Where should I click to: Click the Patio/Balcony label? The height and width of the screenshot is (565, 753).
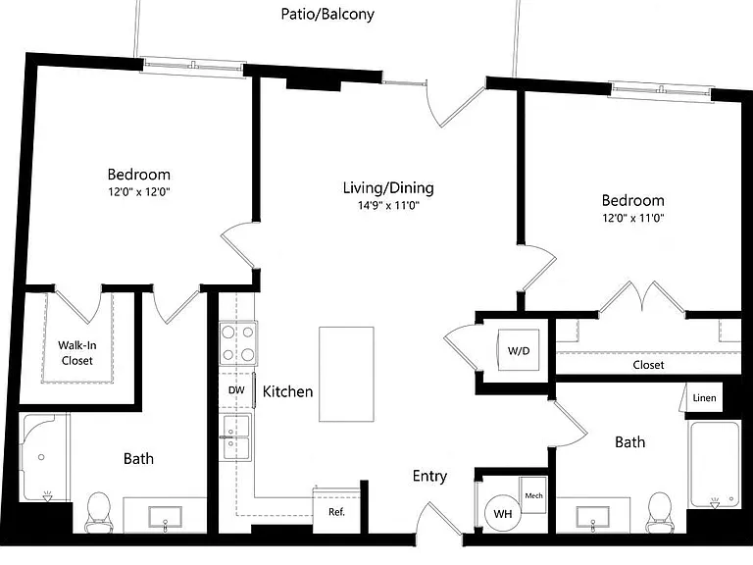point(327,14)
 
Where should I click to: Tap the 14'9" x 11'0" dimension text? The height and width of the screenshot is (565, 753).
point(388,206)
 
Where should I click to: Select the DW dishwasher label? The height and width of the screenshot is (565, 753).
point(236,390)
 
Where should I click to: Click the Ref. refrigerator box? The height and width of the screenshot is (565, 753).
point(336,510)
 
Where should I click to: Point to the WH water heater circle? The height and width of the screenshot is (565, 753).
point(503,514)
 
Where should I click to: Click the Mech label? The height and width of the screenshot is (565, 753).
point(533,495)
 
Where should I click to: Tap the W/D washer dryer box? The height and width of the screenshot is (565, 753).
point(519,350)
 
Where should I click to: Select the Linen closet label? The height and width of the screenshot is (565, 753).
point(704,398)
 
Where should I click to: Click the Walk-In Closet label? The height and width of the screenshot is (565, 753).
point(76,353)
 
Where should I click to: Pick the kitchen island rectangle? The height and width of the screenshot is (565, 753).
point(346,375)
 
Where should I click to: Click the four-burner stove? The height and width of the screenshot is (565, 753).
point(238,343)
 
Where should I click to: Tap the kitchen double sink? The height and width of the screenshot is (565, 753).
point(235,437)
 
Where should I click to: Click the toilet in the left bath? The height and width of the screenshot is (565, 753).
point(98,512)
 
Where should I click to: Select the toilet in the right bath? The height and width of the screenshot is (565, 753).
point(659,512)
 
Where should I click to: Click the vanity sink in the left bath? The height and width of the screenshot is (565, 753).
point(165,518)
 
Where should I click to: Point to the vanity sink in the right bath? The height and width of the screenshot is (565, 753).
point(593,518)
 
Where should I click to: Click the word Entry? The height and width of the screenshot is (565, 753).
point(429,476)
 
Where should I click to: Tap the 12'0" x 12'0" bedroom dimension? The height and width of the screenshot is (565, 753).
point(139,192)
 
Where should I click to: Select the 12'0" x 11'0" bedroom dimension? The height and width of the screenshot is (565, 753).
point(633,218)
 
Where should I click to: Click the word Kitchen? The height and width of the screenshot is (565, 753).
point(287,391)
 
